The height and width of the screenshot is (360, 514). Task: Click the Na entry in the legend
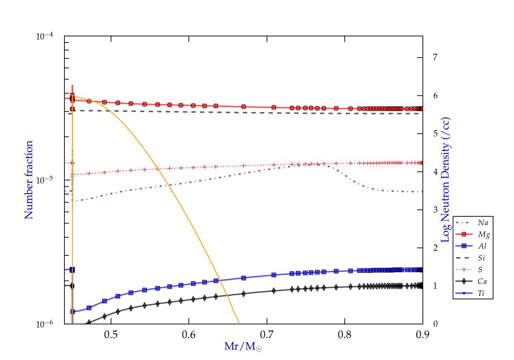[x=483, y=223]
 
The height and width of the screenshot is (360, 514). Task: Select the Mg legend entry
[x=484, y=235]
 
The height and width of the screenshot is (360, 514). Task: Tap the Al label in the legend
[x=482, y=246]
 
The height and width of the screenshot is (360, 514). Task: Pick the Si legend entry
[x=481, y=258]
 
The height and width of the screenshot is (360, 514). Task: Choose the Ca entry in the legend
[x=482, y=281]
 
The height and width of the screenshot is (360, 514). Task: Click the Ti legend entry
[x=481, y=293]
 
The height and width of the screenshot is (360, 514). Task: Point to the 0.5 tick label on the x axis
[x=111, y=335]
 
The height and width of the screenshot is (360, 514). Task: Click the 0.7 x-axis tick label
[x=267, y=335]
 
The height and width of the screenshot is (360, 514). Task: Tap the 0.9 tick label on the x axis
[x=423, y=335]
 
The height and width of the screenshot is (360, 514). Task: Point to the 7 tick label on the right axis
[x=435, y=57]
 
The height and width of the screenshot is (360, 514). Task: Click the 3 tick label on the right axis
[x=435, y=209]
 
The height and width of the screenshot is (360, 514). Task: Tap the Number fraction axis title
[x=29, y=180]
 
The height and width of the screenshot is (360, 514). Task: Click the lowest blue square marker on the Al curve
[x=73, y=312]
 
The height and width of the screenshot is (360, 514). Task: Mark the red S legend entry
[x=480, y=269]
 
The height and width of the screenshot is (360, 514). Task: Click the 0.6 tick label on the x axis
[x=188, y=335]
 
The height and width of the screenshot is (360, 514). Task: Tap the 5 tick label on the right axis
[x=435, y=133]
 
